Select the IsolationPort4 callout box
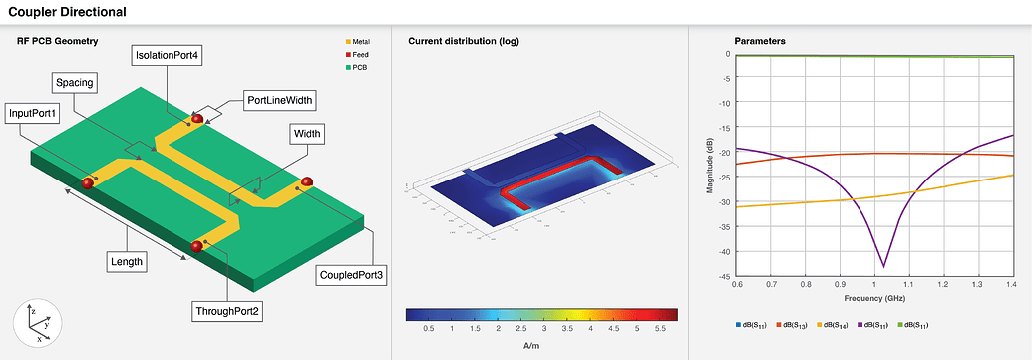[168, 56]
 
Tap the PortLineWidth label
[280, 100]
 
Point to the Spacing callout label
[76, 82]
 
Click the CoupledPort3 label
[351, 273]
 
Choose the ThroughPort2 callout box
[227, 312]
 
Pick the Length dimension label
[127, 262]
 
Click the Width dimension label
[308, 134]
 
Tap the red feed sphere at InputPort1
[88, 182]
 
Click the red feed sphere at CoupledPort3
[307, 181]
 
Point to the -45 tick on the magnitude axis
[726, 277]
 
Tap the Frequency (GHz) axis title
[875, 298]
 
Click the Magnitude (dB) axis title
[709, 166]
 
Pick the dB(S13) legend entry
[796, 325]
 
